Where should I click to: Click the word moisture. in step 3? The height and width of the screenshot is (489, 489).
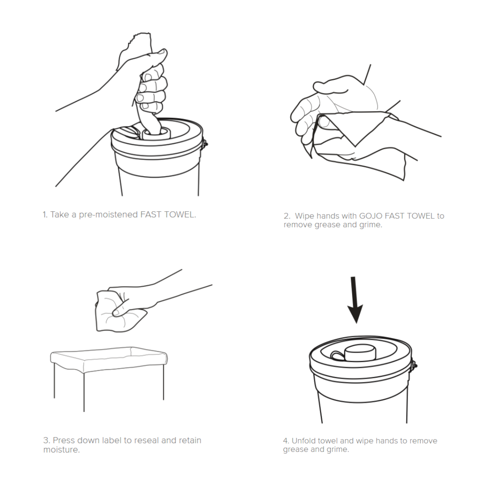point(62,450)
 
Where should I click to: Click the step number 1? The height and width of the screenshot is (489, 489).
point(45,215)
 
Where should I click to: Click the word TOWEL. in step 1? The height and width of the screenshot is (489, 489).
point(180,215)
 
